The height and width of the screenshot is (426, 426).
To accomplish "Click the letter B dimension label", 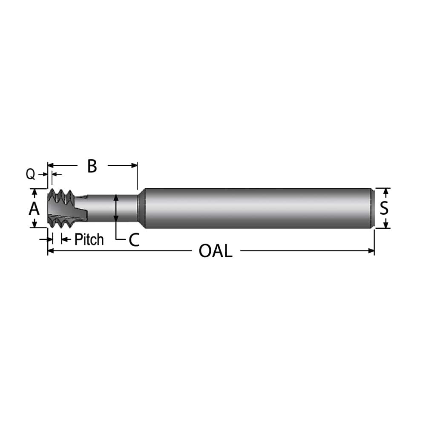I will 92,166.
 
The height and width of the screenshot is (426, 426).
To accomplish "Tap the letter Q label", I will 30,174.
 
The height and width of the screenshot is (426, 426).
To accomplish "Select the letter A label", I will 34,209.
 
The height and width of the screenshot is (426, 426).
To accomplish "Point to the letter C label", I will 134,240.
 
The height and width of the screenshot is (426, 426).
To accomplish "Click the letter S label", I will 384,208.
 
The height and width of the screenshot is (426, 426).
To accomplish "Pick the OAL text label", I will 216,251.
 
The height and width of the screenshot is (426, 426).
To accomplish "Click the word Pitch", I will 89,239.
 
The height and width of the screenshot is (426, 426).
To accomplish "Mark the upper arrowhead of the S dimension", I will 385,191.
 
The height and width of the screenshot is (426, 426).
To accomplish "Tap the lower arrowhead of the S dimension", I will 385,225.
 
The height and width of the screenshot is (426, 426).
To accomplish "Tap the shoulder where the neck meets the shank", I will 141,208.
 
